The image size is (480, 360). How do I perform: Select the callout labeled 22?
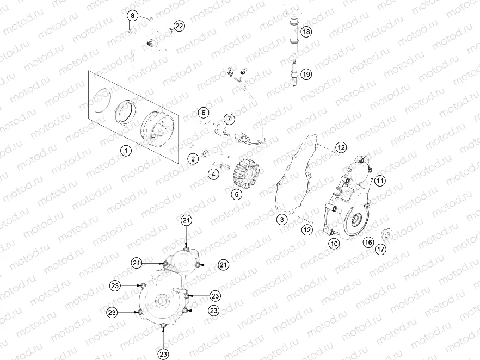(x=179, y=26)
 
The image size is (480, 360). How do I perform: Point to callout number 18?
(x=306, y=32)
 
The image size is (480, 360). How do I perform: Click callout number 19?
(x=306, y=75)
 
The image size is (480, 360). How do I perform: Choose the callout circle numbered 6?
(x=203, y=113)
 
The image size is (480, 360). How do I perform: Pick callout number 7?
(x=229, y=119)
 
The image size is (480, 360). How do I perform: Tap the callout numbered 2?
(x=193, y=159)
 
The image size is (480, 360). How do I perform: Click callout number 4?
(x=213, y=175)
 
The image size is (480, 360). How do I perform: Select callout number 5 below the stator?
(x=237, y=194)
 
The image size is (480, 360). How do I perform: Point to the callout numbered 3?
(x=281, y=220)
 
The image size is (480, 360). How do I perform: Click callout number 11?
(x=379, y=180)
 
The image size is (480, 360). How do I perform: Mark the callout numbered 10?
(x=334, y=244)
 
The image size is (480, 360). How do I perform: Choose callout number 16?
(x=368, y=242)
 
